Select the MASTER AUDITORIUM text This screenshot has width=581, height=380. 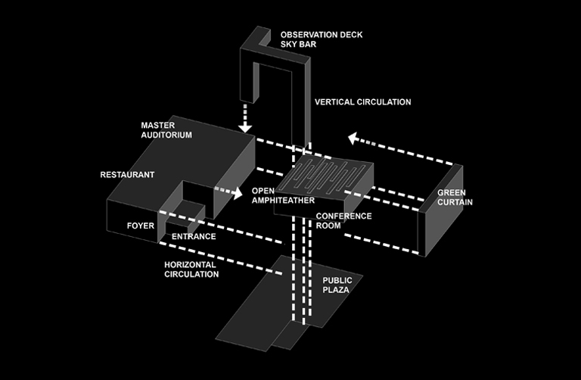(x=166, y=129)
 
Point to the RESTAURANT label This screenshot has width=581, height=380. (x=127, y=175)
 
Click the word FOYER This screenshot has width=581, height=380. (x=141, y=226)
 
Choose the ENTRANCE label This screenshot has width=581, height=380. (x=194, y=236)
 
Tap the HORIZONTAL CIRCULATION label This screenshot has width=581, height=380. (x=191, y=269)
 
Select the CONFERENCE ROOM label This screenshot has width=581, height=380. (x=343, y=220)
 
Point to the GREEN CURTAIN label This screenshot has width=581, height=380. (x=455, y=198)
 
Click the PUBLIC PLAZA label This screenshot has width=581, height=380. (x=337, y=285)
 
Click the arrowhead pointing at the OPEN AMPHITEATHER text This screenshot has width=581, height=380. (x=237, y=193)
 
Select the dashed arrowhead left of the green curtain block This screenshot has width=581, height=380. (x=353, y=139)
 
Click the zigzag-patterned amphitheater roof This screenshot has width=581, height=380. (x=325, y=176)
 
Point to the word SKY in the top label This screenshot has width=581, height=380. (x=288, y=45)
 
